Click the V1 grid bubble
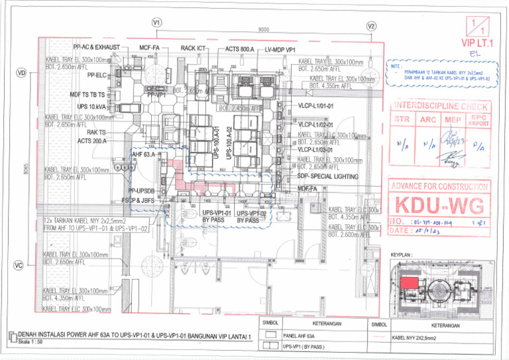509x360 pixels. (157, 23)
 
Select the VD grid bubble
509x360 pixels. (21, 72)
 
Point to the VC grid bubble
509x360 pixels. (19, 266)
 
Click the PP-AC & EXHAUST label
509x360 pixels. (96, 48)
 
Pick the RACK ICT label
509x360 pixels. (197, 48)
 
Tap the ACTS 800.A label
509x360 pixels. (239, 49)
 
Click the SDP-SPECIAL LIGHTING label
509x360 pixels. (328, 177)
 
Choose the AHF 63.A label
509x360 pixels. (144, 154)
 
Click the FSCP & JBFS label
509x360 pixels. (140, 199)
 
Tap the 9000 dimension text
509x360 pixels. (264, 30)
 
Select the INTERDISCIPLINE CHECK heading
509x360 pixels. (441, 106)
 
